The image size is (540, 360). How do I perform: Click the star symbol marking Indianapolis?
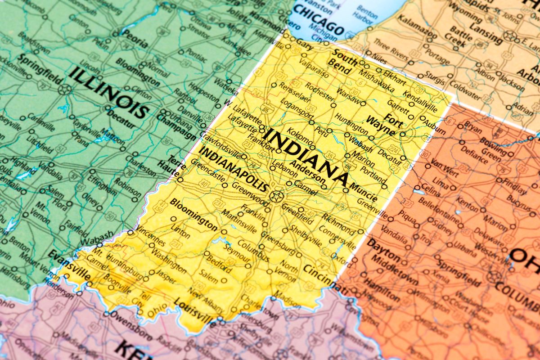(x=276, y=196)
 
